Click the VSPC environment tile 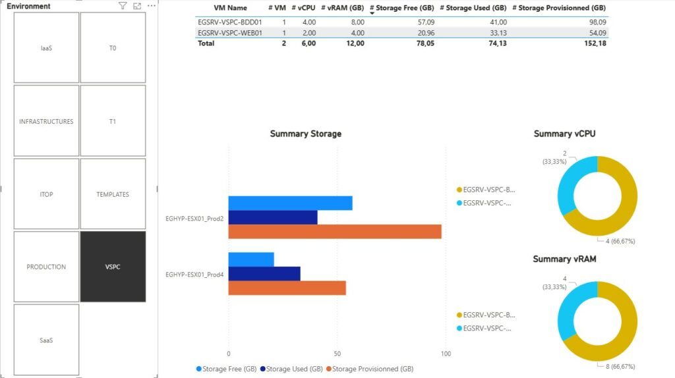[113, 267]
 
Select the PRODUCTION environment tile [46, 267]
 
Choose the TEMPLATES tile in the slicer [113, 194]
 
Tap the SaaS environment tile [46, 340]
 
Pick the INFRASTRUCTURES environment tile [46, 122]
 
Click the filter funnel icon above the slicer [123, 6]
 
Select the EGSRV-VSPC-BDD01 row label [230, 22]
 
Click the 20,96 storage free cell [421, 32]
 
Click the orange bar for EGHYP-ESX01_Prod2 [335, 232]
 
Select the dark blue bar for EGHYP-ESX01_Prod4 [264, 273]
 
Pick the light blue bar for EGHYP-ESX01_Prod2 [290, 203]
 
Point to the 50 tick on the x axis [337, 354]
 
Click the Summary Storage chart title [306, 134]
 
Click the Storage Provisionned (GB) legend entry [372, 369]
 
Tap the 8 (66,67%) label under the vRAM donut [616, 366]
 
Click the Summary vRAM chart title [564, 259]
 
